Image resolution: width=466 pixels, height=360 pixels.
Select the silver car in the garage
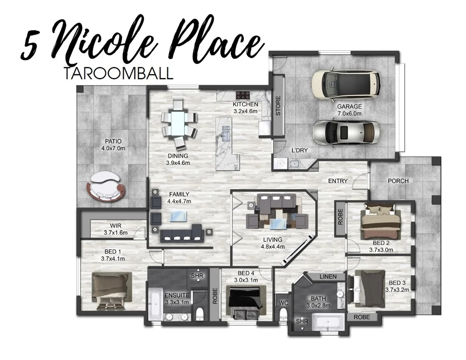pos(345,132)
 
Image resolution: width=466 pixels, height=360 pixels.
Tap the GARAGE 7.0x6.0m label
pos(349,110)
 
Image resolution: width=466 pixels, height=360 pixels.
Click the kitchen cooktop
pos(243,95)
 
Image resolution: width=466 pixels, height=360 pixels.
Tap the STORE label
pos(278,106)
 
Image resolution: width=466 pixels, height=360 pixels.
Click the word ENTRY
pos(337,181)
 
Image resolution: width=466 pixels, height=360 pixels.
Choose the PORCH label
pos(398,181)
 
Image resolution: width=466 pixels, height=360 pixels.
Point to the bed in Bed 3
pos(366,288)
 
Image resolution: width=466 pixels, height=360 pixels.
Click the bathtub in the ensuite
pos(155,304)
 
